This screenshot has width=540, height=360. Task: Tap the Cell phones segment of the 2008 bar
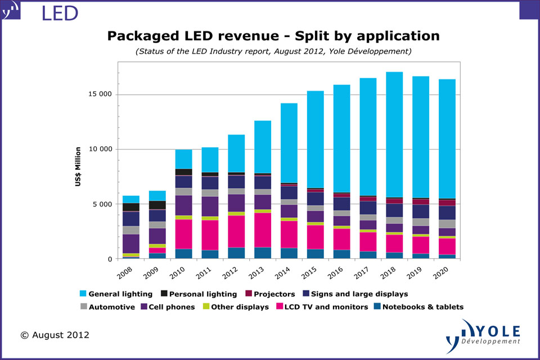[132, 244]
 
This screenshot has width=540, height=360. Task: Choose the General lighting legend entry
[116, 294]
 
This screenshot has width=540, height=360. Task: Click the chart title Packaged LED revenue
[273, 36]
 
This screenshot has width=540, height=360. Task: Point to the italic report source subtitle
[273, 51]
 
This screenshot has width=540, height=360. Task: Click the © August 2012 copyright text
[55, 335]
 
